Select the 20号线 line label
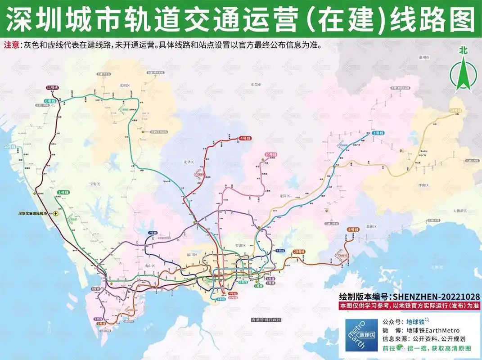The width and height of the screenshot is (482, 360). (x=9, y=147)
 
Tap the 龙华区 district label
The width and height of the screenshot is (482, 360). (x=189, y=162)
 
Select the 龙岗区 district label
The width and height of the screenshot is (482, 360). (x=284, y=196)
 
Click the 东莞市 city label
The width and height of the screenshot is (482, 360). (x=256, y=84)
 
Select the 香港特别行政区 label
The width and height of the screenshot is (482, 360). (x=266, y=319)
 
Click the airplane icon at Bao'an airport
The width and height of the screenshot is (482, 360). (x=56, y=213)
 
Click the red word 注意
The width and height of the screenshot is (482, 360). (x=12, y=45)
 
